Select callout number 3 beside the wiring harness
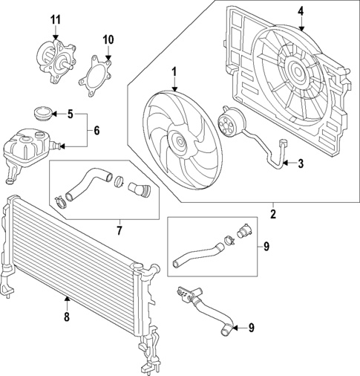coord(301,163)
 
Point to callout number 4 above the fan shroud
coord(301,11)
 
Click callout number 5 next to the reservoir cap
coord(71,114)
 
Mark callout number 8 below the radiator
coord(67,317)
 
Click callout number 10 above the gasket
coord(108,39)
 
